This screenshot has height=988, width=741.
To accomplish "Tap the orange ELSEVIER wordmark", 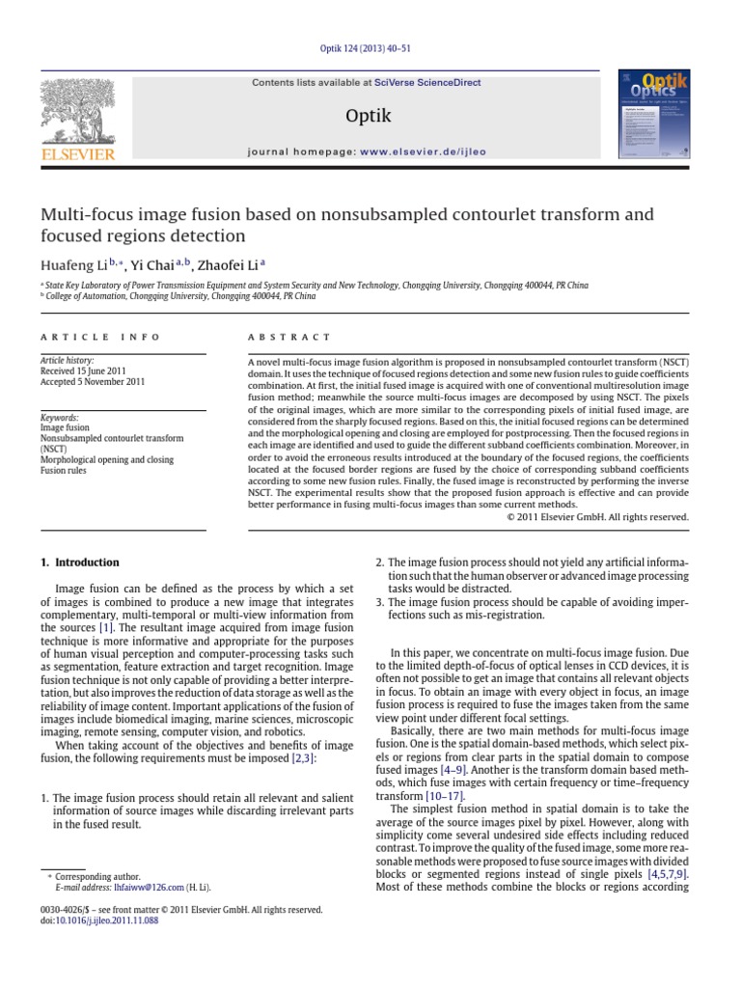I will (x=76, y=154).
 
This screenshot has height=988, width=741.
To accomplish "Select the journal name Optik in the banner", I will (x=368, y=117).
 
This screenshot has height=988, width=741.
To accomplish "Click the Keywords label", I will (x=60, y=417).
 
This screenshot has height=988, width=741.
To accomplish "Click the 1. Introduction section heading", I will (x=79, y=563).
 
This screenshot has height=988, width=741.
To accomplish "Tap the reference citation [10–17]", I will (x=444, y=796).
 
